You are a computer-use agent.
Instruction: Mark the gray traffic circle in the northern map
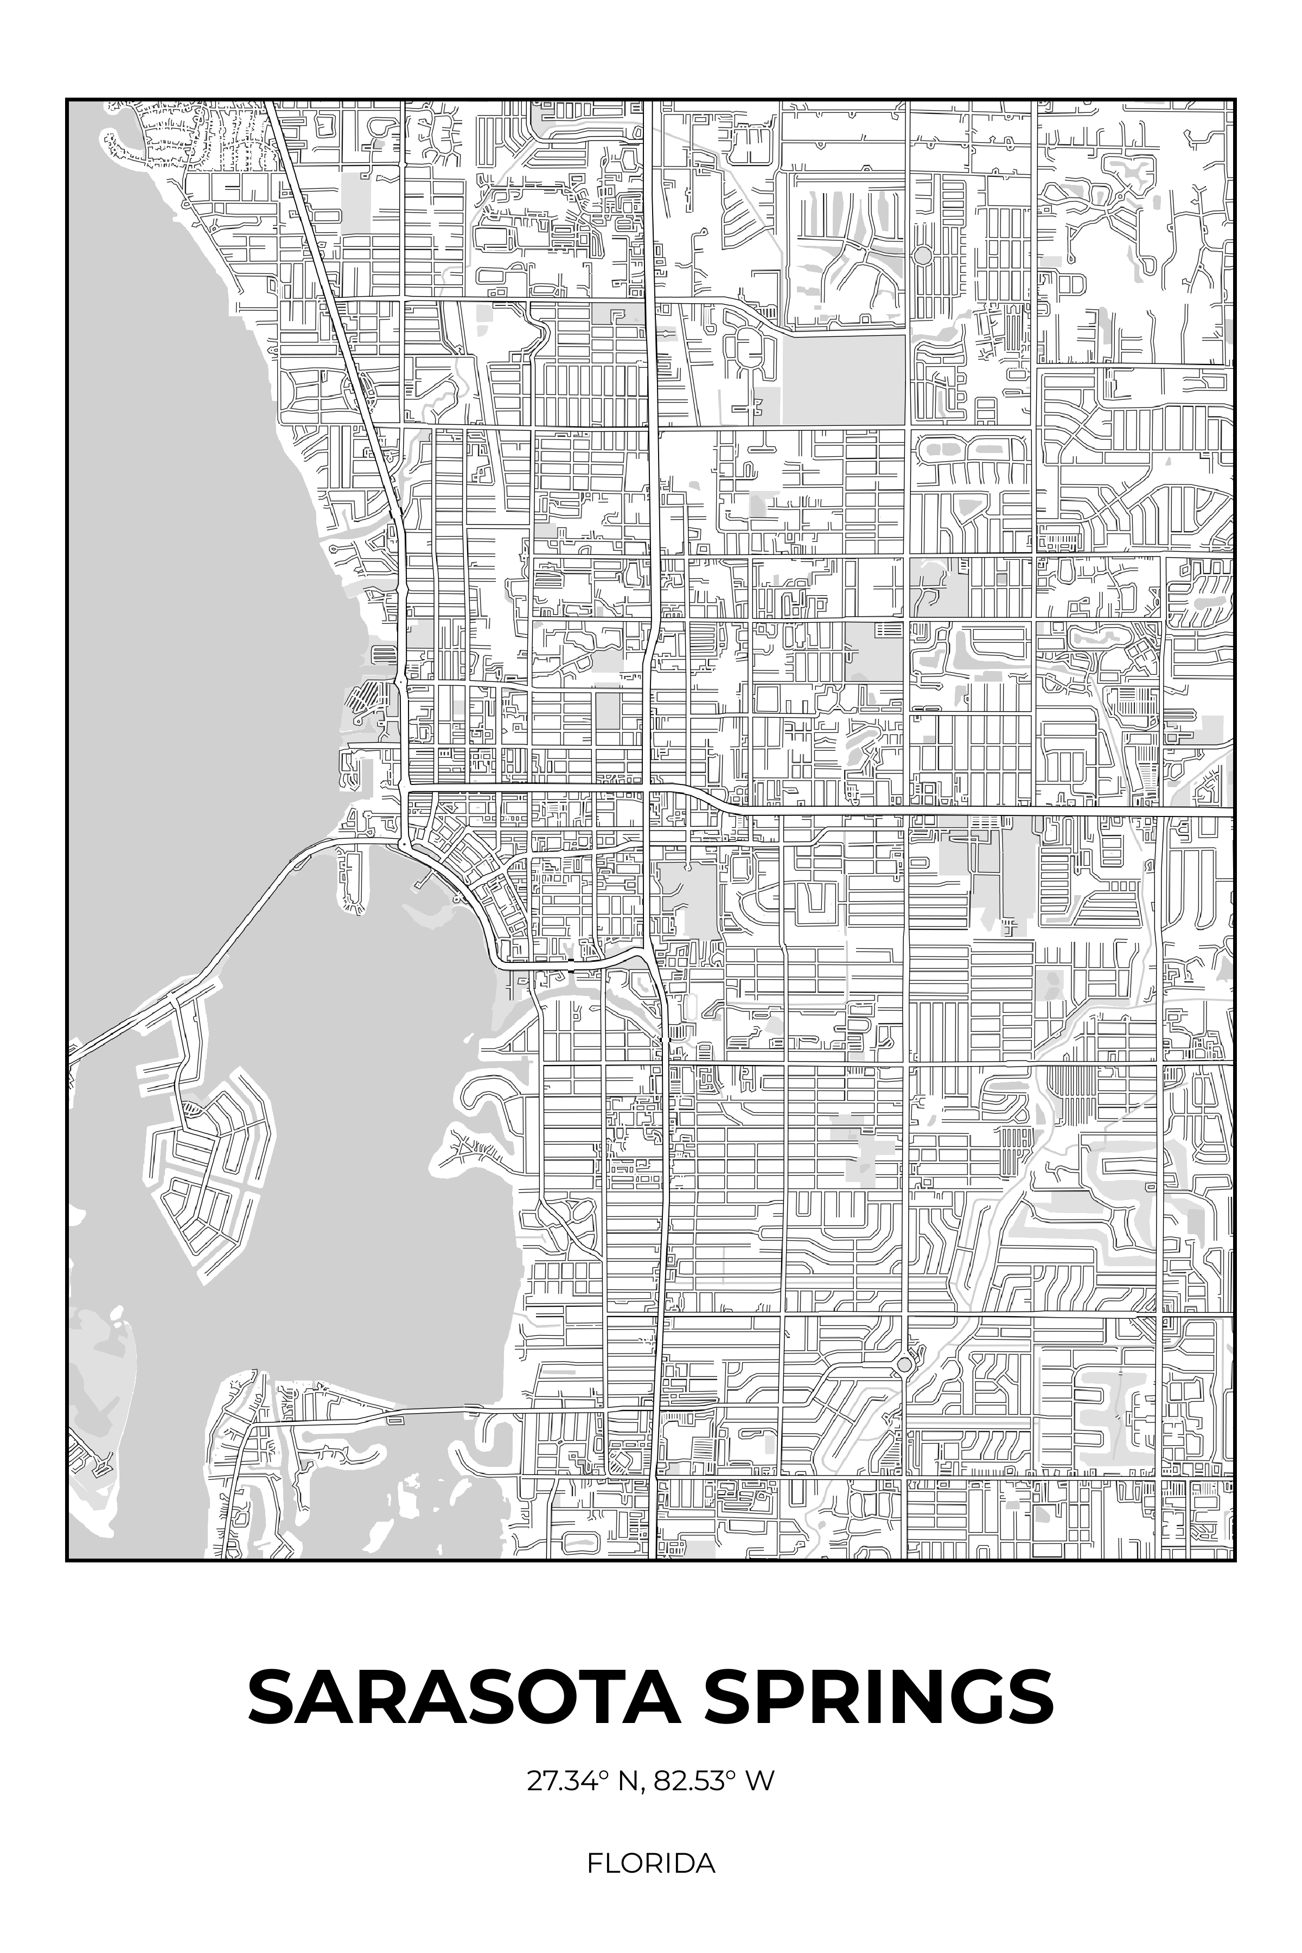922,255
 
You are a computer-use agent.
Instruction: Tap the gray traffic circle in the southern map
904,1364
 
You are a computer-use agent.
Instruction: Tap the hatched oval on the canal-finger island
192,1108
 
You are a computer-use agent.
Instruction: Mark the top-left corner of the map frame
66,100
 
